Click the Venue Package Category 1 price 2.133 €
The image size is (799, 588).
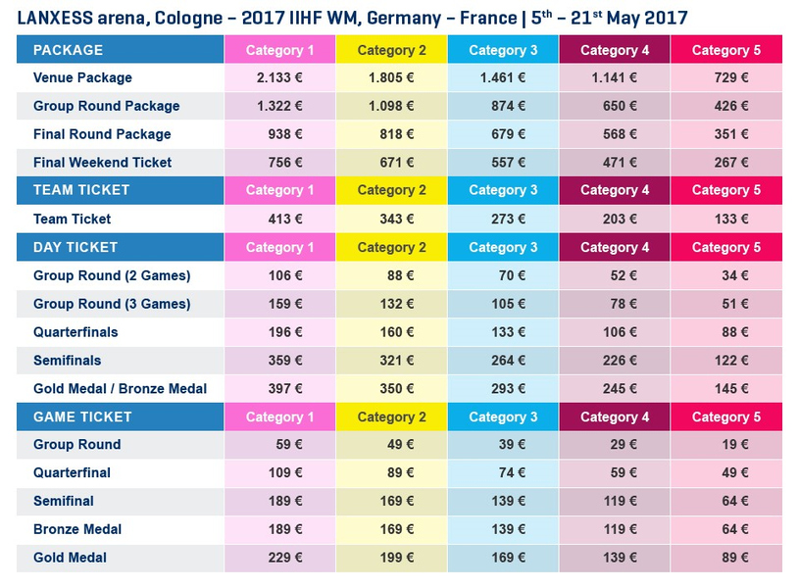pyautogui.click(x=279, y=78)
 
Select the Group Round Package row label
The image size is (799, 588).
pyautogui.click(x=107, y=106)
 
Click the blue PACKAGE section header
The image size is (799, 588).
pyautogui.click(x=69, y=50)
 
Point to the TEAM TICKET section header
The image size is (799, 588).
pyautogui.click(x=81, y=190)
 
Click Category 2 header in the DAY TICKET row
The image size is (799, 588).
pyautogui.click(x=391, y=247)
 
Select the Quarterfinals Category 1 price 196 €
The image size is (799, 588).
pyautogui.click(x=285, y=332)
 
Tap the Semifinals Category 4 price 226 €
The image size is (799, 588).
pyautogui.click(x=620, y=361)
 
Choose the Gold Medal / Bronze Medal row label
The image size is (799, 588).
pyautogui.click(x=121, y=389)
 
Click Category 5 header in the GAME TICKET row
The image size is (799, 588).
pyautogui.click(x=726, y=416)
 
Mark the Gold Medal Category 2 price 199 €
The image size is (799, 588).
pyautogui.click(x=397, y=558)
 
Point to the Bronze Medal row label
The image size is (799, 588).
pyautogui.click(x=77, y=529)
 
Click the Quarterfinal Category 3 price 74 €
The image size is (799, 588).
pyautogui.click(x=512, y=472)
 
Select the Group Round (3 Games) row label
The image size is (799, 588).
pyautogui.click(x=112, y=304)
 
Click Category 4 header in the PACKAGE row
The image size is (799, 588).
pyautogui.click(x=615, y=50)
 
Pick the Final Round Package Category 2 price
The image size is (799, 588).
pyautogui.click(x=397, y=134)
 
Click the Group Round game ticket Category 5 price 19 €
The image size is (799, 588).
pyautogui.click(x=735, y=445)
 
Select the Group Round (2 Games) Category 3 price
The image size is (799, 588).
pyautogui.click(x=512, y=275)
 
